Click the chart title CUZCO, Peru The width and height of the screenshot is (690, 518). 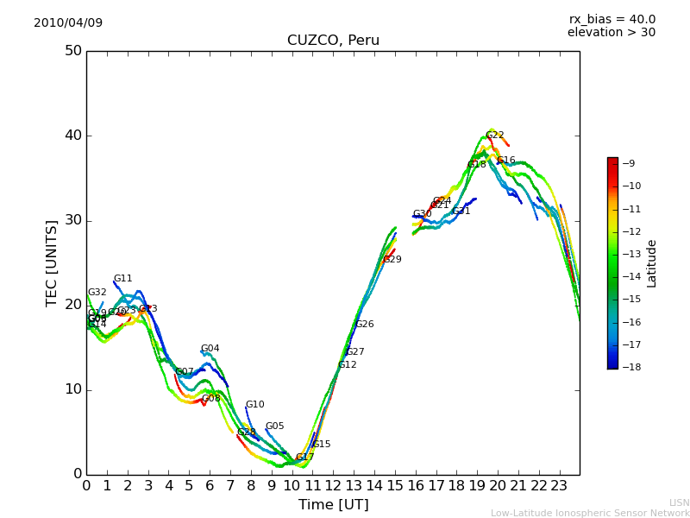[x=333, y=41]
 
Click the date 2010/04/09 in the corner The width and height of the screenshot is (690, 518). [x=68, y=22]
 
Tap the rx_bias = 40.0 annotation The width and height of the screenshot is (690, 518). [x=612, y=19]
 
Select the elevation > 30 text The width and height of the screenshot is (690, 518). [x=611, y=33]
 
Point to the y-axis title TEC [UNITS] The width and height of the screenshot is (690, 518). [x=52, y=262]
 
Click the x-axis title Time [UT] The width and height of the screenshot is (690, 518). [x=333, y=504]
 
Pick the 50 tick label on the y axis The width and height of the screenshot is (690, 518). [x=72, y=51]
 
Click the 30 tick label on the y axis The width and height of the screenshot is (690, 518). [x=72, y=220]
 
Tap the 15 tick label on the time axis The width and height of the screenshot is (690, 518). [x=395, y=486]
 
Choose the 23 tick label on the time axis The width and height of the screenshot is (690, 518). [x=559, y=486]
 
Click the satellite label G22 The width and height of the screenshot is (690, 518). [x=495, y=136]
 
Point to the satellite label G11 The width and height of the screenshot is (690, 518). [x=123, y=279]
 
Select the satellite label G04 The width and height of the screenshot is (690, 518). [x=210, y=349]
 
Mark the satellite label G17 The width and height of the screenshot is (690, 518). [x=305, y=458]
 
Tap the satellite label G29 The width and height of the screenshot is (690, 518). [x=392, y=260]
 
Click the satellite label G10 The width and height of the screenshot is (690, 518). [x=255, y=405]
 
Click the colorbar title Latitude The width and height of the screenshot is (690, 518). [x=652, y=263]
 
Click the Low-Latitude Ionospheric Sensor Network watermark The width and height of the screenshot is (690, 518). [x=590, y=513]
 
